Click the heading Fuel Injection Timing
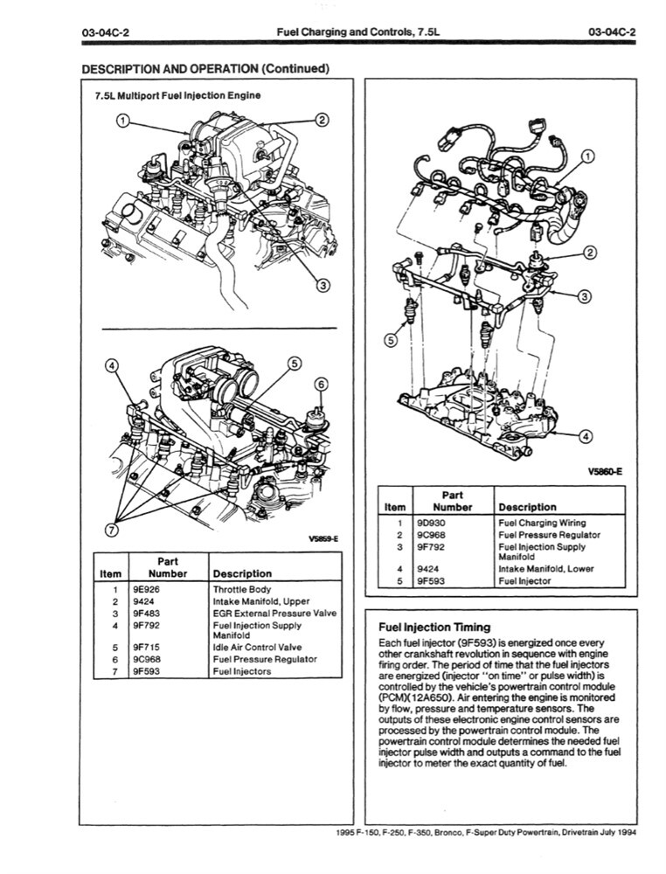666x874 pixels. [x=434, y=627]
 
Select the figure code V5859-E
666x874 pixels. [x=323, y=538]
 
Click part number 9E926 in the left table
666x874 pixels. [x=146, y=590]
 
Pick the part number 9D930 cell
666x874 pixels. [x=433, y=523]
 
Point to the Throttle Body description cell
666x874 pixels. [x=242, y=590]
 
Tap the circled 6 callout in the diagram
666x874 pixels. [x=320, y=385]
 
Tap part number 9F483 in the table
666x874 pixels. [x=146, y=614]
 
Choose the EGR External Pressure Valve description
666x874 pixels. [x=274, y=614]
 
